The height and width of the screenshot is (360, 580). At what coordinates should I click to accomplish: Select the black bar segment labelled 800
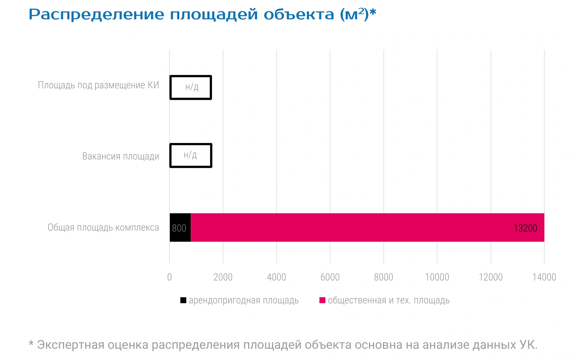(x=180, y=227)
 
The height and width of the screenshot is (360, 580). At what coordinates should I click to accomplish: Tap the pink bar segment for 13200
(x=367, y=227)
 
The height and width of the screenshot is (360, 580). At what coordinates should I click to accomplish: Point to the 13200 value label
(x=525, y=228)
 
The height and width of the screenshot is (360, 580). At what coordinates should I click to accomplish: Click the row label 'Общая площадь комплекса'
(x=103, y=227)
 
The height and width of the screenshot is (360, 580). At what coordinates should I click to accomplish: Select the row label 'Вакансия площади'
(x=121, y=156)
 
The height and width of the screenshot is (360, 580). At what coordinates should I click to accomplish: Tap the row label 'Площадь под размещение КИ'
(x=99, y=85)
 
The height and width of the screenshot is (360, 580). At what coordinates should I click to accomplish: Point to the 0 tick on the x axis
(x=169, y=277)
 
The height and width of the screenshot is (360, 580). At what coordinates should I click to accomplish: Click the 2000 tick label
(x=223, y=277)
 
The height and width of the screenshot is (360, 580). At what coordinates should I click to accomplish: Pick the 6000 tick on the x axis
(x=330, y=277)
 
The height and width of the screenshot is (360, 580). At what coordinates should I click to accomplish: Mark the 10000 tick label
(x=437, y=277)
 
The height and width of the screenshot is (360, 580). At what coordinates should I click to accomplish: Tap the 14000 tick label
(x=544, y=277)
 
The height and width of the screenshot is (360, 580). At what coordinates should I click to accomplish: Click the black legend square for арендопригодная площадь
(x=183, y=300)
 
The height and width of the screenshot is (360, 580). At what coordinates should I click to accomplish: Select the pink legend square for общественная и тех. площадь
(x=322, y=300)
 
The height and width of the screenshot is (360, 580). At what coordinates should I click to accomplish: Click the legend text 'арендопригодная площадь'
(x=244, y=300)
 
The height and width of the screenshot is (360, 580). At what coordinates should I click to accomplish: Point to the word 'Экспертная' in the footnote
(x=71, y=345)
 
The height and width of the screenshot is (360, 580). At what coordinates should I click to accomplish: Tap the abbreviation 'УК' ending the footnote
(x=528, y=345)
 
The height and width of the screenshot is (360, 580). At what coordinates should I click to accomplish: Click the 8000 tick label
(x=383, y=277)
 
